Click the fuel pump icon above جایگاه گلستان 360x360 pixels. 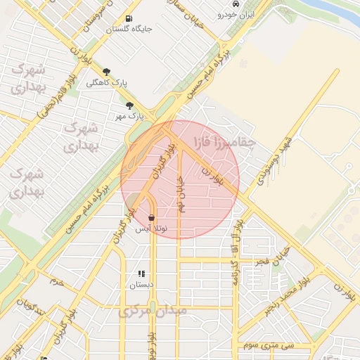pos(128,19)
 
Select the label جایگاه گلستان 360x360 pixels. pos(129,30)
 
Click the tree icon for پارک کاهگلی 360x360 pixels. pos(107,72)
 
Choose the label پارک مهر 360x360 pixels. pos(131,115)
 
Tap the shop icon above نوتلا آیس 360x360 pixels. pos(152,219)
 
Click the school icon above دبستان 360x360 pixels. pos(141,274)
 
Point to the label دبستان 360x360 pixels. pos(141,285)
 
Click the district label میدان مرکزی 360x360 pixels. pos(153,310)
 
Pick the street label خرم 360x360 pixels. pos(56,282)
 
